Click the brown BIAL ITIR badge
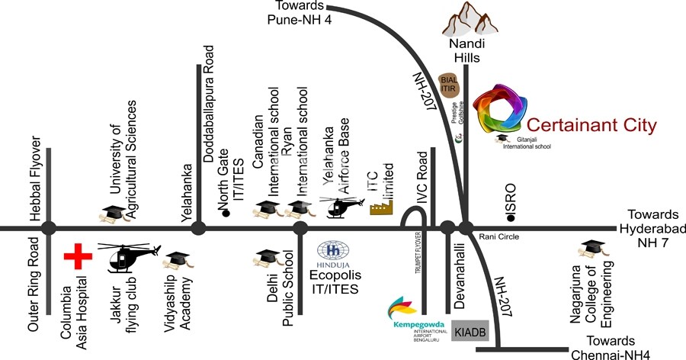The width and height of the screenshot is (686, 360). (x=448, y=84)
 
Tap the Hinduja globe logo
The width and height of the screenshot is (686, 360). (x=333, y=251)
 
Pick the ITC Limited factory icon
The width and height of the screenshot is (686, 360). (x=382, y=207)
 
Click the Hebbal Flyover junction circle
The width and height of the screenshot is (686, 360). (x=49, y=227)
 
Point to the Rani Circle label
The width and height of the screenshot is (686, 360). (x=499, y=237)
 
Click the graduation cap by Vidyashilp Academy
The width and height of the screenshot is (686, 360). (x=178, y=261)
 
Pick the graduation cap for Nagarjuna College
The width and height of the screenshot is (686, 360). (x=590, y=249)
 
